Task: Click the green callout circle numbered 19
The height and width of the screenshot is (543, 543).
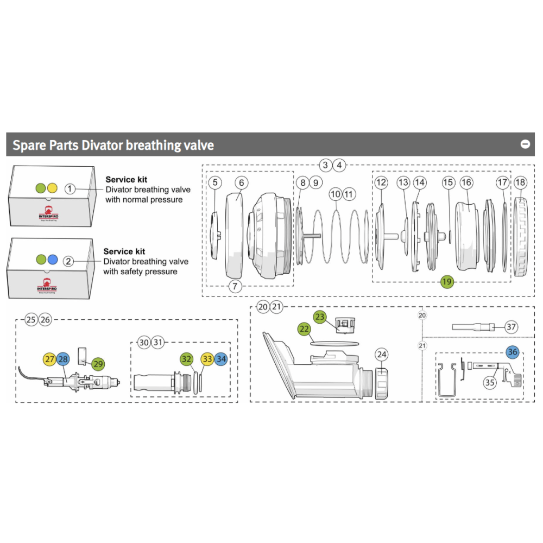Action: pyautogui.click(x=447, y=281)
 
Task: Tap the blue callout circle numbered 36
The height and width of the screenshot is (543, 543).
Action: pyautogui.click(x=513, y=352)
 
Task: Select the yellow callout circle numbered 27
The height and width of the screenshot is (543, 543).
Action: pyautogui.click(x=49, y=359)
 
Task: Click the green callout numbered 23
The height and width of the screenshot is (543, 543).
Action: pyautogui.click(x=319, y=316)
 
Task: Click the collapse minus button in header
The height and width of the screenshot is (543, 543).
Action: pyautogui.click(x=525, y=144)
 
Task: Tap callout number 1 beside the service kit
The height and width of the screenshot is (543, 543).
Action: pyautogui.click(x=70, y=188)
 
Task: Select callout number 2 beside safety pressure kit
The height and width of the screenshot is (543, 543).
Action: pyautogui.click(x=68, y=261)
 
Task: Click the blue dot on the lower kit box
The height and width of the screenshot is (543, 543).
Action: pyautogui.click(x=52, y=260)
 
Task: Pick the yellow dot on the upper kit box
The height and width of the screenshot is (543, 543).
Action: pyautogui.click(x=52, y=188)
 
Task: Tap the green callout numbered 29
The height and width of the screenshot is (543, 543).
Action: pyautogui.click(x=98, y=364)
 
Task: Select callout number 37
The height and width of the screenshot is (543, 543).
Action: pyautogui.click(x=511, y=327)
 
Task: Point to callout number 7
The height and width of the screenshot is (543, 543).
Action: pyautogui.click(x=235, y=287)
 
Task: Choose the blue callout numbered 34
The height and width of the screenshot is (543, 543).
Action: pyautogui.click(x=221, y=359)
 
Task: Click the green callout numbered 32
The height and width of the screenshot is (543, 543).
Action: pyautogui.click(x=187, y=359)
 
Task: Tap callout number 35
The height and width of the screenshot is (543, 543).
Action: pyautogui.click(x=490, y=382)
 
